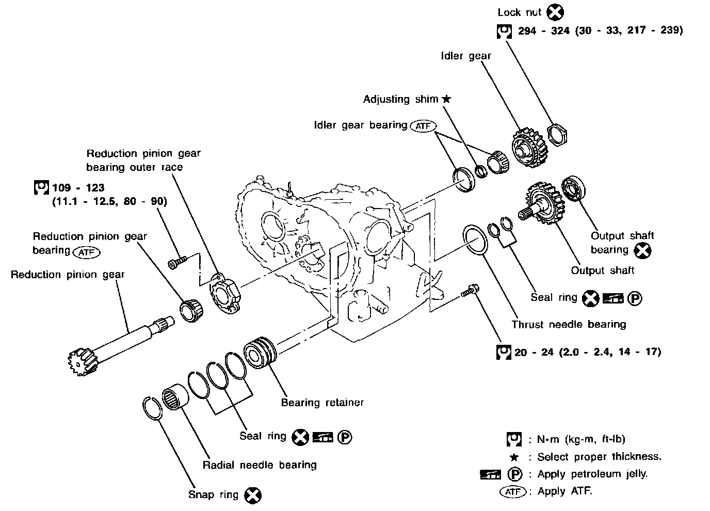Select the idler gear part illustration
528,147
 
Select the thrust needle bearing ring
476,239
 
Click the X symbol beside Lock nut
555,12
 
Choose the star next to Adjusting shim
446,99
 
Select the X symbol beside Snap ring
252,495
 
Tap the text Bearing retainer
322,402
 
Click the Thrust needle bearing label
569,324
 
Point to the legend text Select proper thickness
599,457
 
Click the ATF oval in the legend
513,491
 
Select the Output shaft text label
602,270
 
